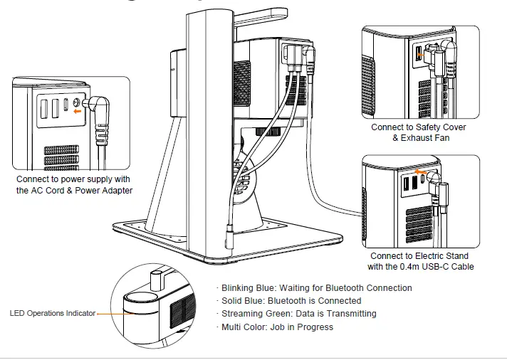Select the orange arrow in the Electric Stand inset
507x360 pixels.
426,171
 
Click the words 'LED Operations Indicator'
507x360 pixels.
52,314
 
